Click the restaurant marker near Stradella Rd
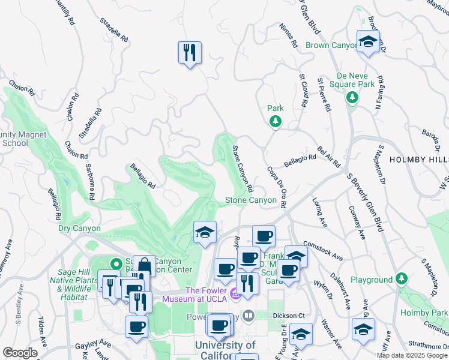[x=190, y=52]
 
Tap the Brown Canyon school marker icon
[x=368, y=41]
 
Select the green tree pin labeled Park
[x=275, y=121]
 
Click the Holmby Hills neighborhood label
[x=418, y=159]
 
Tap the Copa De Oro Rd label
[x=276, y=187]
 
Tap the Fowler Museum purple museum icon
[x=235, y=295]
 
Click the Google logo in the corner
[x=20, y=353]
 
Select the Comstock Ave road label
[x=323, y=250]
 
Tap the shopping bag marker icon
[x=144, y=266]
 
